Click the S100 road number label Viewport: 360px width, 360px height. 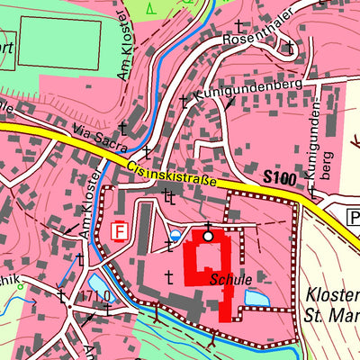(280, 178)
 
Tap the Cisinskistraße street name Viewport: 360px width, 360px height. (172, 172)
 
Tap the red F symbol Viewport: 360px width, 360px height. (118, 231)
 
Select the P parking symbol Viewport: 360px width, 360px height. (353, 216)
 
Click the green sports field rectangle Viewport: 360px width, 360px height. (59, 41)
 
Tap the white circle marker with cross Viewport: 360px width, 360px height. (208, 236)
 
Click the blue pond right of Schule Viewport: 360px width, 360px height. (256, 296)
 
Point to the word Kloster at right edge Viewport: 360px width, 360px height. (332, 296)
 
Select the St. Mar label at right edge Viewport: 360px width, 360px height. (334, 315)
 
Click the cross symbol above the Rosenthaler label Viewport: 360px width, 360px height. (239, 26)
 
